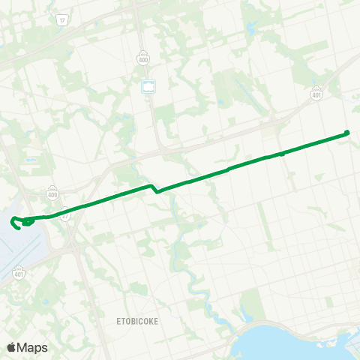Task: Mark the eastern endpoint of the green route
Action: point(347,133)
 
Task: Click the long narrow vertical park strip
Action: point(264,217)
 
